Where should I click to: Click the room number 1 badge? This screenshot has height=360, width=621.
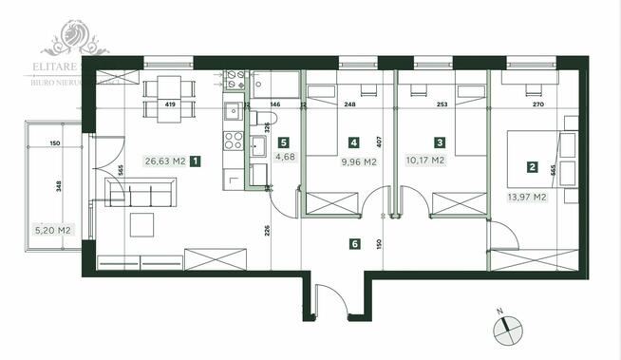pos(196,161)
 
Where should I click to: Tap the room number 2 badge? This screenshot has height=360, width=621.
pos(533,168)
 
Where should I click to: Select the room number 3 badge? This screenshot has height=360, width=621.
pos(440,142)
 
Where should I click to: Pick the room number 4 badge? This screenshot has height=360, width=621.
pos(353,142)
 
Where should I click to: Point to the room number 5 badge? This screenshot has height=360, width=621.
pos(281,142)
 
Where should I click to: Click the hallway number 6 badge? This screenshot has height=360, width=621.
pos(354,244)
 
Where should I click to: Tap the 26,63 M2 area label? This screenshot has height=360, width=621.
pos(162,161)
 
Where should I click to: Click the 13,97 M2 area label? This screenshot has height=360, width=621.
pos(526,197)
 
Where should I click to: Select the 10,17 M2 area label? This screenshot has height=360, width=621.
pos(425,161)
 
